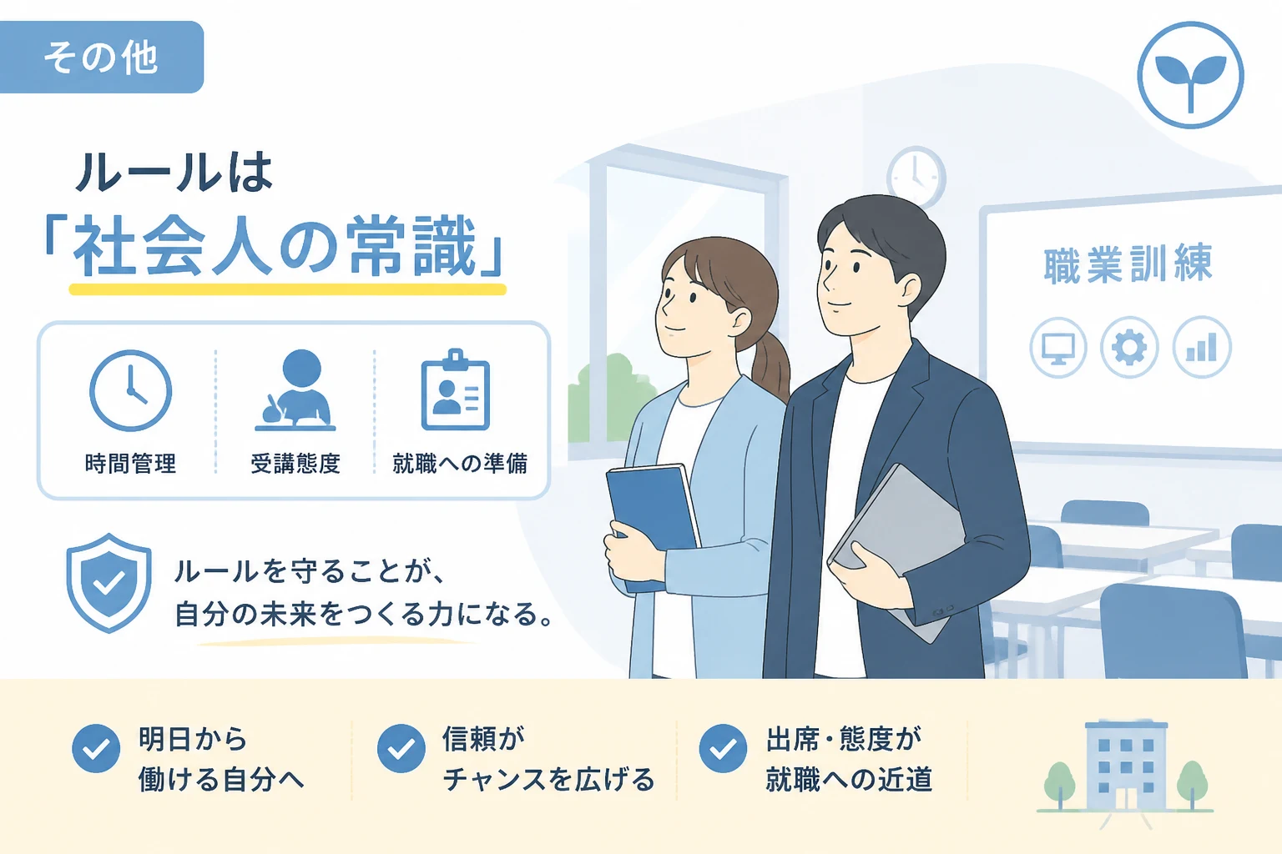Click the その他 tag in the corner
pos(101,58)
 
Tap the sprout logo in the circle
pos(1190,75)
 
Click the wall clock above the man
pos(916,176)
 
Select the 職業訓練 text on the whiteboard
pos(1128,264)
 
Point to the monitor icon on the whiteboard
pos(1058,347)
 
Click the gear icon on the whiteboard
pos(1129,347)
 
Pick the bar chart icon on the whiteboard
pos(1201,347)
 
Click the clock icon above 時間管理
pos(130,390)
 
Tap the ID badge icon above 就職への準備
pos(456,390)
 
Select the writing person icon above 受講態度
pos(295,390)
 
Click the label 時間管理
pos(130,464)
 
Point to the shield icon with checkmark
pos(109,582)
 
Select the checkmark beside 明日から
pos(96,748)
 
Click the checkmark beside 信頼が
pos(401,748)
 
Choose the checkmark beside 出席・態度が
pos(723,748)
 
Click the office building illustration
pos(1126,766)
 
